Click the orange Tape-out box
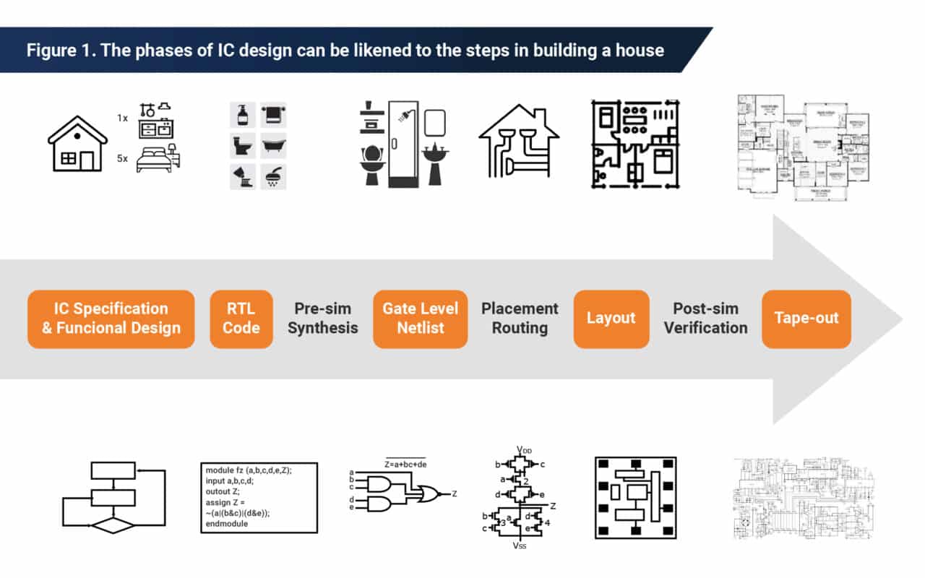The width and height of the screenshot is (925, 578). coord(806,319)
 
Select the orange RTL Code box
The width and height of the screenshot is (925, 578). coord(241,319)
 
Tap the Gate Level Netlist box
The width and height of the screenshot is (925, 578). coord(420,319)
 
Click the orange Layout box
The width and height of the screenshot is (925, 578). coord(611,319)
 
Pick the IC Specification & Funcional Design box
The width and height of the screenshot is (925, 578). coord(111,319)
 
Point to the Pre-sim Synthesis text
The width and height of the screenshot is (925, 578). coord(322,319)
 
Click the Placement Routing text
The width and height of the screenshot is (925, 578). coord(520,319)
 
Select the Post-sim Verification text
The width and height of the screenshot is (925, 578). coord(705,319)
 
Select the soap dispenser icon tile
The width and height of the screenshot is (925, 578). coord(242,114)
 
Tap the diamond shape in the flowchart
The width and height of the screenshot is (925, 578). coord(112,525)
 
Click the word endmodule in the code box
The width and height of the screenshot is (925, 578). coord(227,524)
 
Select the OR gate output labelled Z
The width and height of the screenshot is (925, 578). coord(454,493)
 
